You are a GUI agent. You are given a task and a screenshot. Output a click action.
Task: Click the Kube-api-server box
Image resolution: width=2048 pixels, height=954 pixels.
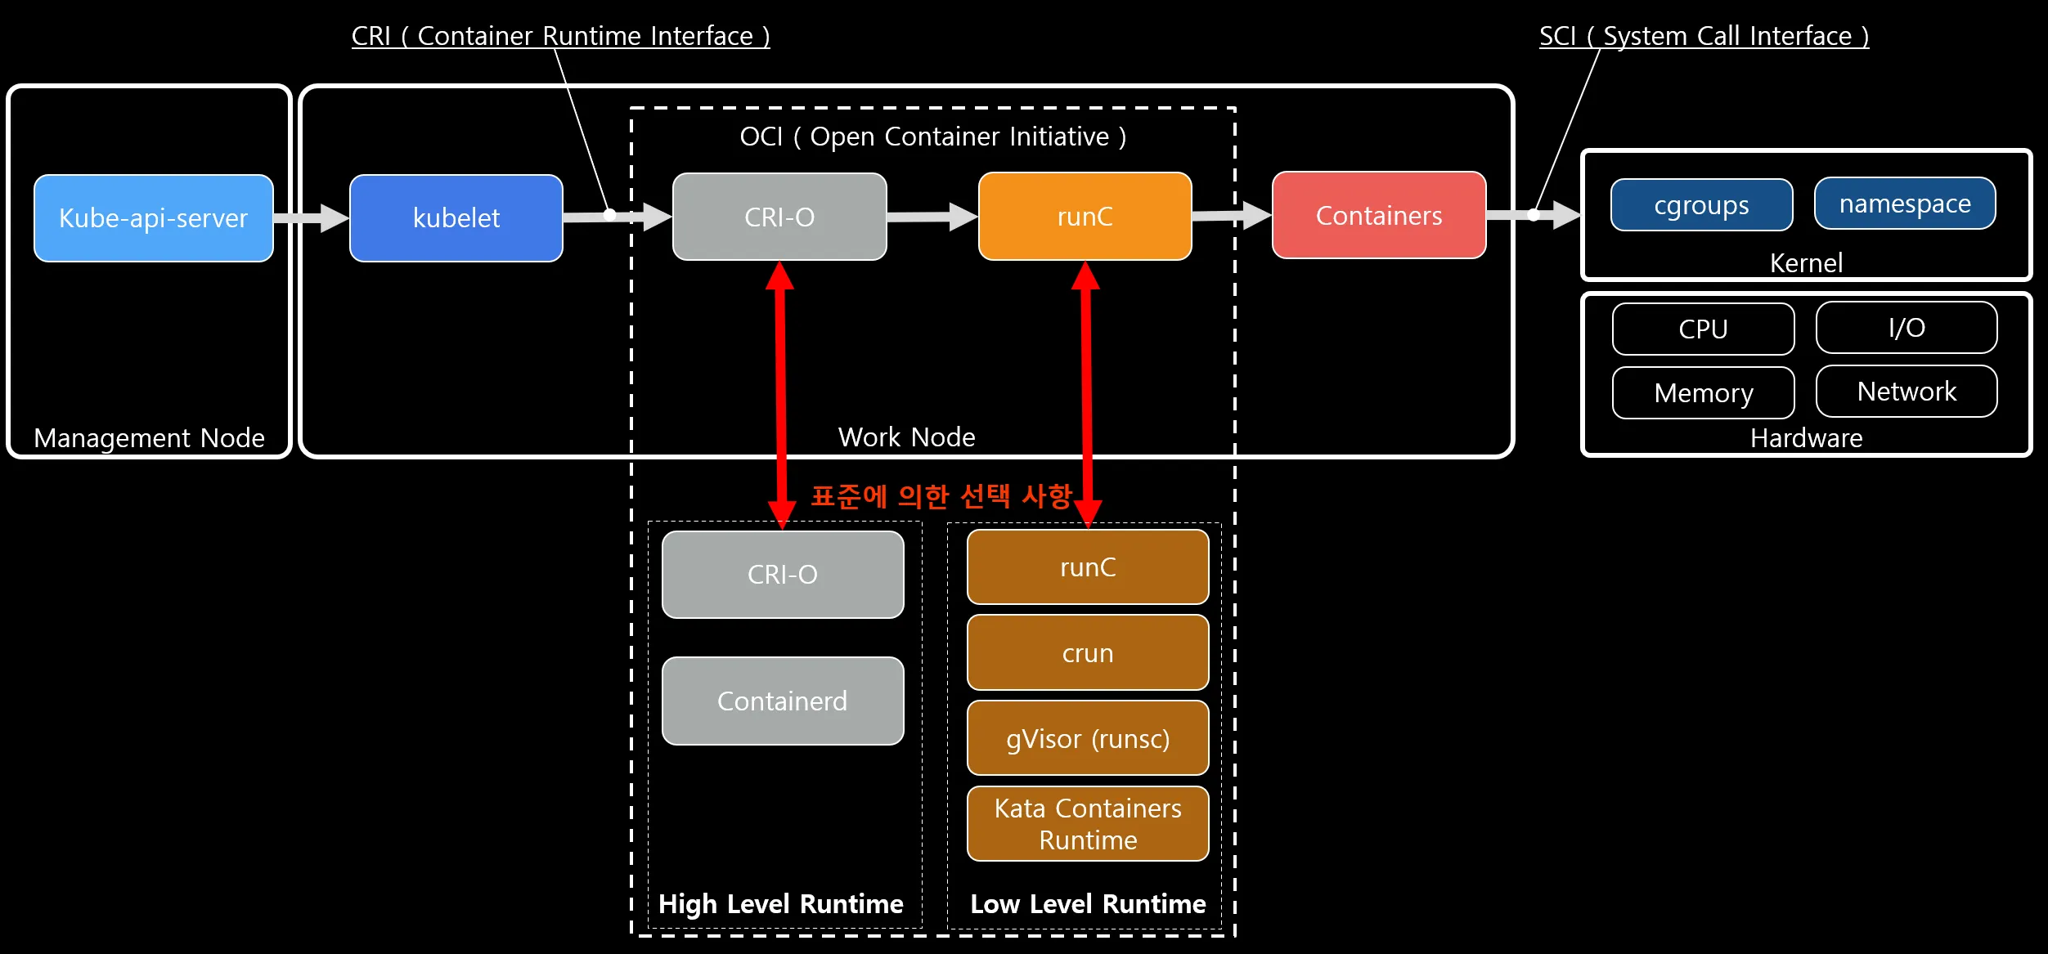pyautogui.click(x=153, y=218)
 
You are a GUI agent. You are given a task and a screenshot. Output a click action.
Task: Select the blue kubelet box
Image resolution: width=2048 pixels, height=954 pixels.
pyautogui.click(x=456, y=218)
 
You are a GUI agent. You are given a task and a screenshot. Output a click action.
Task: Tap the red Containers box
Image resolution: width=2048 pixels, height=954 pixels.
pyautogui.click(x=1379, y=216)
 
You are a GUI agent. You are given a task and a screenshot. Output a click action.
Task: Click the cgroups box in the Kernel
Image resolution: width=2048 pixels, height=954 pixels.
pyautogui.click(x=1701, y=205)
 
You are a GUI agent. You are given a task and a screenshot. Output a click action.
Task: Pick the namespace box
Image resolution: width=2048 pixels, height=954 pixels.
pyautogui.click(x=1905, y=204)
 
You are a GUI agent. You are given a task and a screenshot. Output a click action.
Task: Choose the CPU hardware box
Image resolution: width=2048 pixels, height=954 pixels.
pyautogui.click(x=1703, y=329)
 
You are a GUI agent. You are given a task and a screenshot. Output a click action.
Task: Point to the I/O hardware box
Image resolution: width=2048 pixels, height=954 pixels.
pyautogui.click(x=1907, y=328)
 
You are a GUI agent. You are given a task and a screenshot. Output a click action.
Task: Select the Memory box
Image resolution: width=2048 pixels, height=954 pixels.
pyautogui.click(x=1703, y=393)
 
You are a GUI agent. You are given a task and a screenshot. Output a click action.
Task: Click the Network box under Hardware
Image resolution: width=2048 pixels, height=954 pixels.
pyautogui.click(x=1907, y=392)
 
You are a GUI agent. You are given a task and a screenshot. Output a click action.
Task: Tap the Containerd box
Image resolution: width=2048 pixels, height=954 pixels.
pyautogui.click(x=783, y=701)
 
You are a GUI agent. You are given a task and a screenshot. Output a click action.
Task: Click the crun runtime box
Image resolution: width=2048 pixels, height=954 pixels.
pyautogui.click(x=1088, y=653)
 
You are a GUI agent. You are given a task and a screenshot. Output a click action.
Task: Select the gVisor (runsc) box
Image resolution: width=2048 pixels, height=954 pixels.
pyautogui.click(x=1088, y=738)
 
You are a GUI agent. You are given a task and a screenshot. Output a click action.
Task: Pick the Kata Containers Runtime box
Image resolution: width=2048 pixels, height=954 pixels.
pyautogui.click(x=1088, y=824)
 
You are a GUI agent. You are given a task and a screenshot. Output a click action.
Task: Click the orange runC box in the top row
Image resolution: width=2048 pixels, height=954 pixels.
pyautogui.click(x=1085, y=217)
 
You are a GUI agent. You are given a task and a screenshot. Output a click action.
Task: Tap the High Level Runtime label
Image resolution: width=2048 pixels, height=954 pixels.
pyautogui.click(x=781, y=904)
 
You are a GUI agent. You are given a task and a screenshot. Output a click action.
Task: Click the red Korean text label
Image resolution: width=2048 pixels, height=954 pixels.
pyautogui.click(x=941, y=496)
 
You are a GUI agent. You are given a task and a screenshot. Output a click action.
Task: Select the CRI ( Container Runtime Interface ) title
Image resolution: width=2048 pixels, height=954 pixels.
pyautogui.click(x=560, y=36)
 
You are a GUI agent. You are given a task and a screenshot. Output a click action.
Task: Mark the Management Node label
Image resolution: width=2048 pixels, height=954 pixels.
pyautogui.click(x=149, y=438)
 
